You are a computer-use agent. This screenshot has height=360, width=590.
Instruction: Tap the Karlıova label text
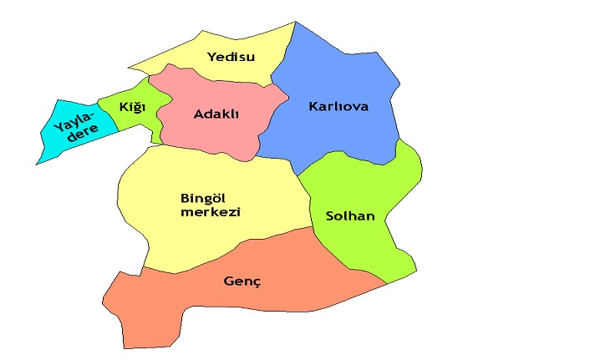[338, 107]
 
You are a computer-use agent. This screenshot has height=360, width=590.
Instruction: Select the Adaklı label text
[216, 114]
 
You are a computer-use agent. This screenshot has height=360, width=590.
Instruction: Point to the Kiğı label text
[132, 107]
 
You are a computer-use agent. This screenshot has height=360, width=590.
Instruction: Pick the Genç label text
[242, 281]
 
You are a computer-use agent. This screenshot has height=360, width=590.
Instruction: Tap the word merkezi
[211, 212]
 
